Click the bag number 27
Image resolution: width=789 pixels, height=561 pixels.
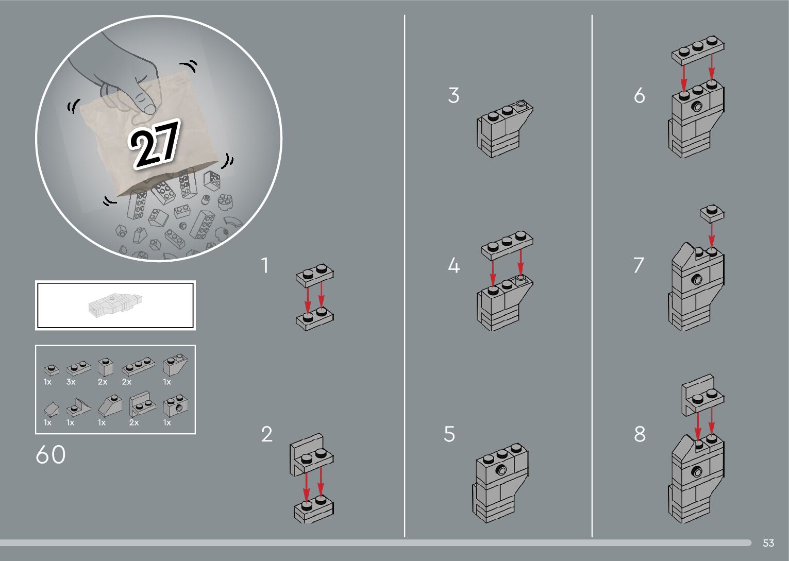click(154, 144)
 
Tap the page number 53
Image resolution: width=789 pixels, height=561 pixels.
click(768, 543)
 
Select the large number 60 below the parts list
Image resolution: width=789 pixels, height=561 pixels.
click(51, 454)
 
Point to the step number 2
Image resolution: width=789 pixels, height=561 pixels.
click(266, 434)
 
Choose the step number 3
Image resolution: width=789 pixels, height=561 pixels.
click(454, 95)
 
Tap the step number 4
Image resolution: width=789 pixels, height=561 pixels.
click(454, 265)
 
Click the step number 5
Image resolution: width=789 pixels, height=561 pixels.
click(449, 434)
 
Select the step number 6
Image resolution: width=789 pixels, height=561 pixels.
click(640, 95)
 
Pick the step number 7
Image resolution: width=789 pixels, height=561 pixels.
click(639, 265)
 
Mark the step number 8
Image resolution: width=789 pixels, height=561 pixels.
click(640, 434)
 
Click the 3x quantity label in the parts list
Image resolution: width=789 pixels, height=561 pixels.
click(71, 382)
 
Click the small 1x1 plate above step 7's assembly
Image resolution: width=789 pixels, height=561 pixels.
click(712, 213)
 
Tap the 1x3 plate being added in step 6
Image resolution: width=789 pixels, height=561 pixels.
click(698, 50)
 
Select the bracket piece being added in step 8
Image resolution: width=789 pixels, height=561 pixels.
click(703, 395)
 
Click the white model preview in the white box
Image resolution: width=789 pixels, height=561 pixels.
click(115, 304)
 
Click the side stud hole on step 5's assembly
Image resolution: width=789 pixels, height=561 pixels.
click(501, 470)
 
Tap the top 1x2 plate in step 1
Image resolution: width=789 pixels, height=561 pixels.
click(314, 276)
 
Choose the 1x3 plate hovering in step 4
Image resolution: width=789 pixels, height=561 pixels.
click(507, 245)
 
